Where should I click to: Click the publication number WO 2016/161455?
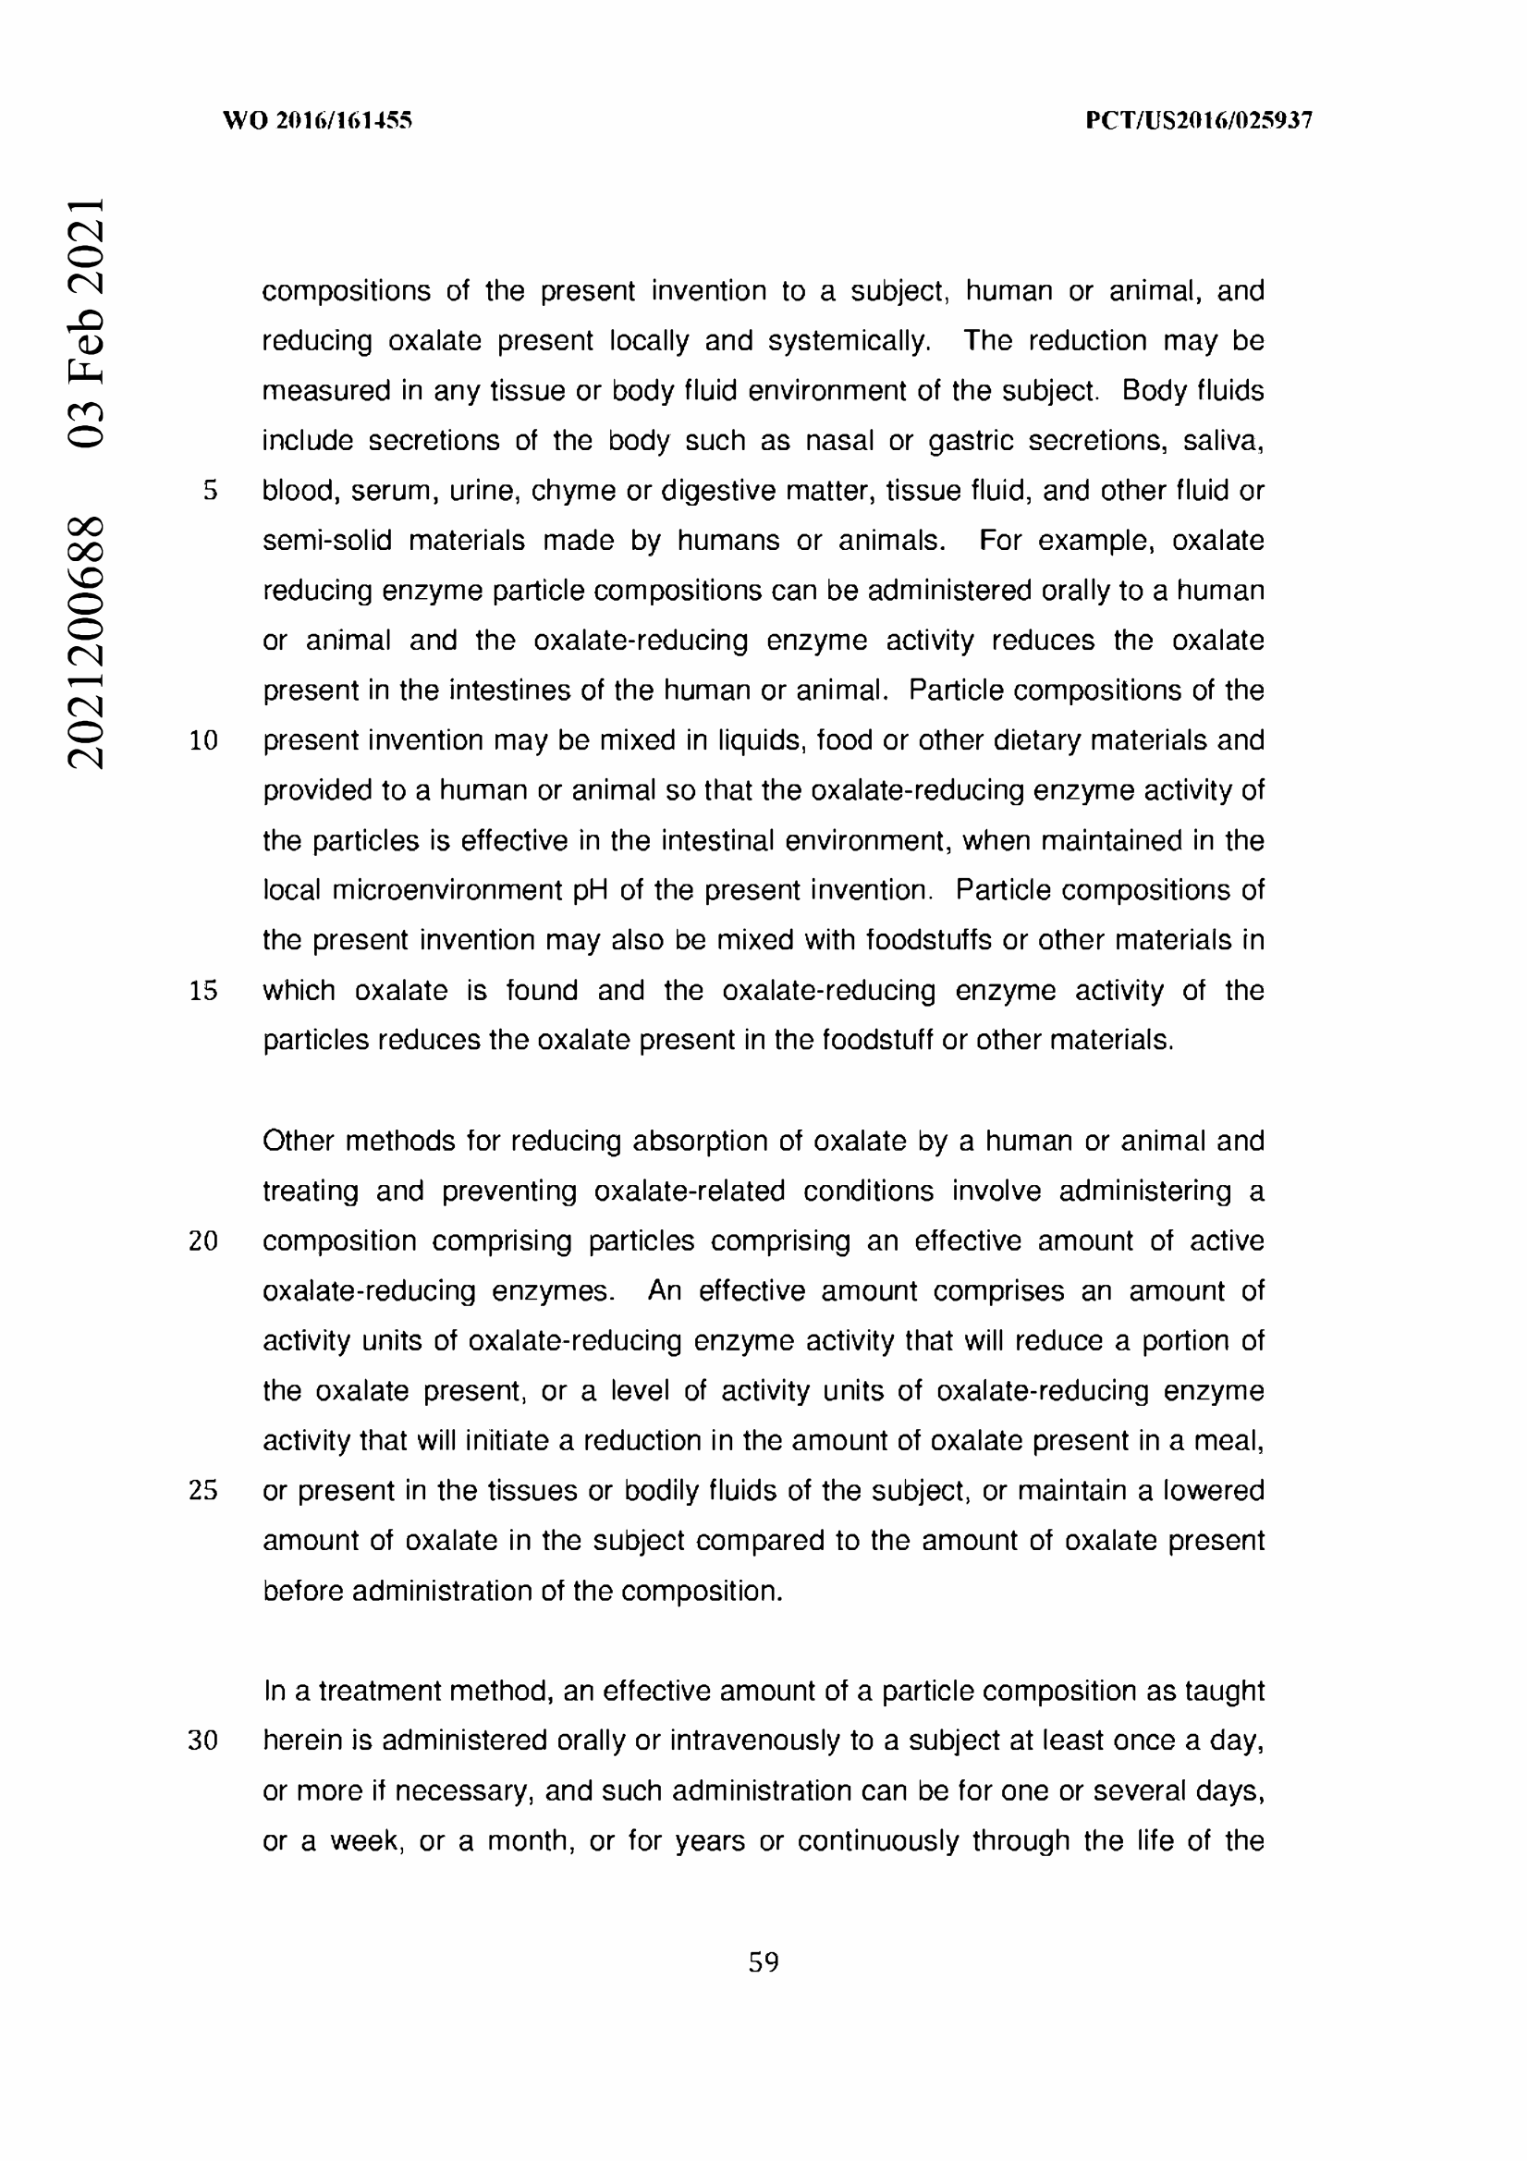317,120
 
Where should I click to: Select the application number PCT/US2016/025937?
1199,120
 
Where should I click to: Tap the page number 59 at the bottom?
764,1962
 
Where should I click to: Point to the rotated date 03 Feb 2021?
86,321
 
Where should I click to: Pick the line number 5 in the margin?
210,491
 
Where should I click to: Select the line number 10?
203,741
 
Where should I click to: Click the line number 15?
203,991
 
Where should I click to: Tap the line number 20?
203,1241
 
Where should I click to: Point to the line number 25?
203,1491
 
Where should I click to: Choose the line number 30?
203,1741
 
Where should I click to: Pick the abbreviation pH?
591,891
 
